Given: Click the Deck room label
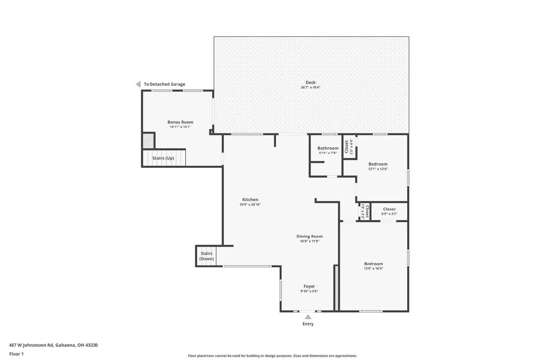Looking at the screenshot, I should tap(310, 82).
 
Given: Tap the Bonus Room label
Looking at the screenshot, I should tap(180, 122).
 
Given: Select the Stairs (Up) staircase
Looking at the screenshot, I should tap(163, 158).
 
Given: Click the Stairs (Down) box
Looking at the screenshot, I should tap(206, 256).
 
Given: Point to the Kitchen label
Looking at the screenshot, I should tap(250, 200).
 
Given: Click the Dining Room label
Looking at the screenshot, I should tap(309, 236).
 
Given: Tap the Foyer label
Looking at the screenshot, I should tap(309, 286).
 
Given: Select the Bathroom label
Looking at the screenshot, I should tap(328, 148).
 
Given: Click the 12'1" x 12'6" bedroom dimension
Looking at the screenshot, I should tap(378, 169).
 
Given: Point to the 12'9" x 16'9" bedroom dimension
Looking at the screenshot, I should tap(373, 268).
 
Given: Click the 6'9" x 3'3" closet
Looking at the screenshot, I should tap(389, 212).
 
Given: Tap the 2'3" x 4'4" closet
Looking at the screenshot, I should tap(349, 147).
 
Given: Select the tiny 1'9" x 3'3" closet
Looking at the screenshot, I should tap(365, 212).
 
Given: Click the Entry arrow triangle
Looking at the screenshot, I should tap(308, 317).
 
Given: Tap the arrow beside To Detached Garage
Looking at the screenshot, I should tap(138, 84).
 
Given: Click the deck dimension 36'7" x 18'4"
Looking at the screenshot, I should tap(310, 87).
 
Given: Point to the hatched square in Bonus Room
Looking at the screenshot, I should tap(148, 141).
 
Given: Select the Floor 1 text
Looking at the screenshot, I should tap(16, 354).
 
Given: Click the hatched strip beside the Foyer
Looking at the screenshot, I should tap(336, 288).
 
